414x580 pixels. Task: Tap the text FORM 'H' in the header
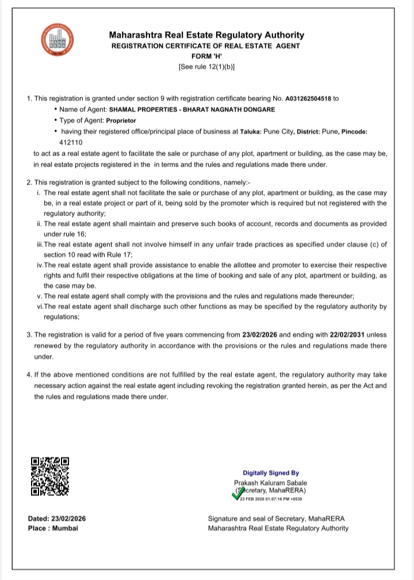[x=206, y=56]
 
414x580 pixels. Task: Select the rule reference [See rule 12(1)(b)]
[x=206, y=67]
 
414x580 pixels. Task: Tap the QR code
[x=50, y=476]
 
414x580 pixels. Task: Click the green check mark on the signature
[x=236, y=494]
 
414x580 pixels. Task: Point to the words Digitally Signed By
[x=270, y=472]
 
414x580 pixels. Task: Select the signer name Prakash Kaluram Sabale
[x=270, y=483]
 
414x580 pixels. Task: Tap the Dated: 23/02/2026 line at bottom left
[x=57, y=518]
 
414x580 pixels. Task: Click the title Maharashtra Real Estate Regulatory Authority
[x=206, y=35]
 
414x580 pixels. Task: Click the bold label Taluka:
[x=250, y=132]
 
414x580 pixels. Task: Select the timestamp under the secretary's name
[x=271, y=499]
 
